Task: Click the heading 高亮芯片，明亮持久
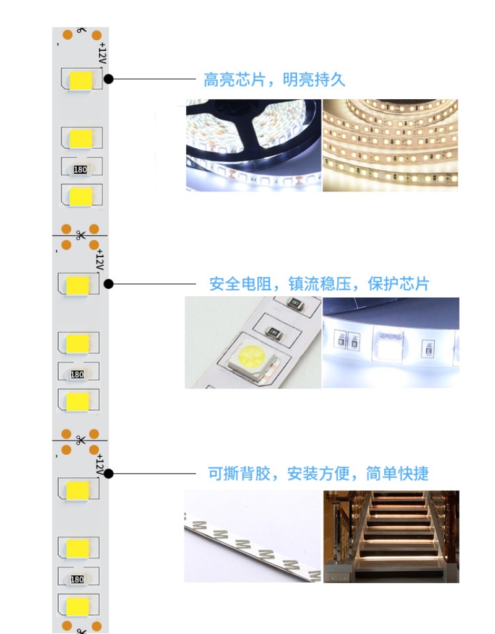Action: tap(274, 80)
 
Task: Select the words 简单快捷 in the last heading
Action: tap(397, 473)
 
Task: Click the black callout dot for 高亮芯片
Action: tap(108, 79)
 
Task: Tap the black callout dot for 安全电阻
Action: tap(108, 284)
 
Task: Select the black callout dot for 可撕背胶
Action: tap(108, 473)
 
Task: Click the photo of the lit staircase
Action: tap(391, 537)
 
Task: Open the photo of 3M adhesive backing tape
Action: tap(252, 537)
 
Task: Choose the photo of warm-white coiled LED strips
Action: tap(390, 145)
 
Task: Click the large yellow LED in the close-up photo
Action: tap(251, 355)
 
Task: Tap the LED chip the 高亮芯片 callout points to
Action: tap(81, 81)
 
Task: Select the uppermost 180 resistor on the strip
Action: tap(80, 169)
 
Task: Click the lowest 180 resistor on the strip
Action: tap(77, 579)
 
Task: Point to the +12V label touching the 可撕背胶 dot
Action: tap(100, 465)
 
